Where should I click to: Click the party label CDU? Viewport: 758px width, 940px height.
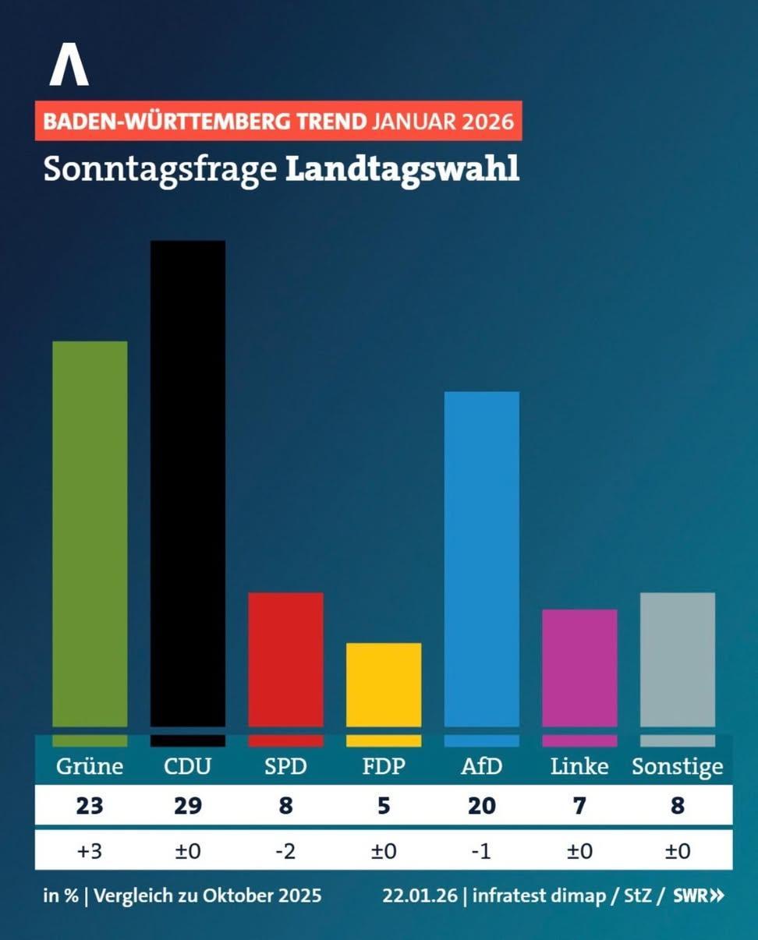(188, 766)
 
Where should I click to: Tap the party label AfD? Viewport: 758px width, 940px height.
(481, 766)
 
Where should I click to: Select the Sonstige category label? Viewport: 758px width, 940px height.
(677, 767)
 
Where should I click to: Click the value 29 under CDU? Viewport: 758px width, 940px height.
(188, 805)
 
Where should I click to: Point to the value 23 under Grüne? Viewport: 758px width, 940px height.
(90, 805)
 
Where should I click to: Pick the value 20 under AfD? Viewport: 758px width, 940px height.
(481, 805)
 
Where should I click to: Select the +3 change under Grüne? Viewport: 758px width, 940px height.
(90, 850)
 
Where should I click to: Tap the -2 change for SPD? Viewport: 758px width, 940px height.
(285, 850)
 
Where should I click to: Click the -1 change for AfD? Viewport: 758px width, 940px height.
(481, 850)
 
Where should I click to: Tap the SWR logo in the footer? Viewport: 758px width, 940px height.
(698, 896)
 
